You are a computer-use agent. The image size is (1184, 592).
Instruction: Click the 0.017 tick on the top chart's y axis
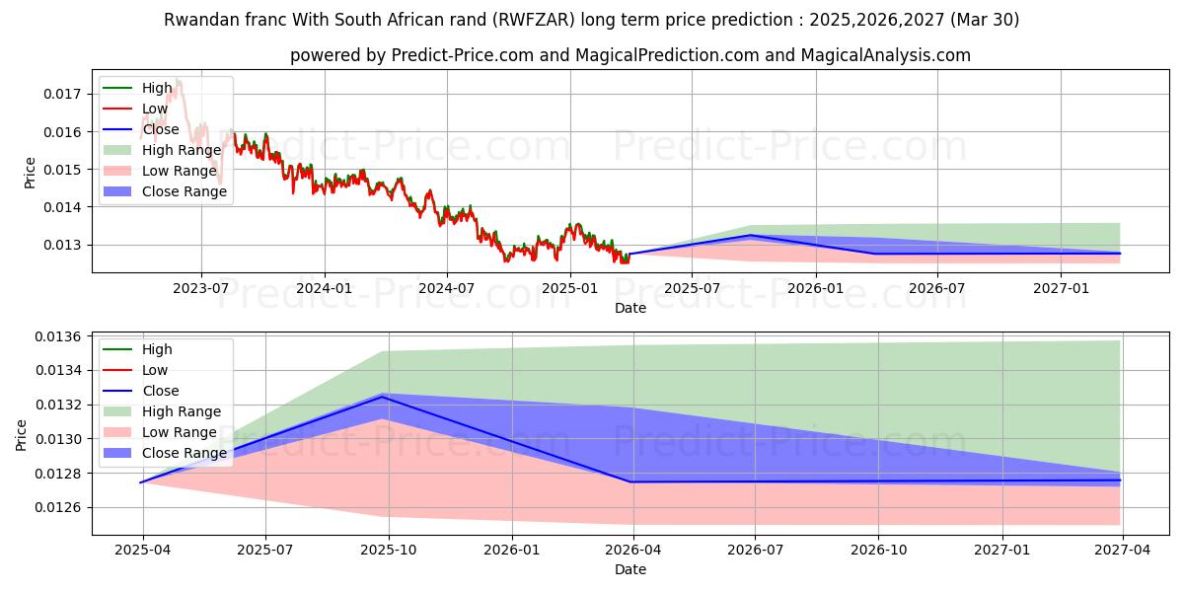[x=61, y=94]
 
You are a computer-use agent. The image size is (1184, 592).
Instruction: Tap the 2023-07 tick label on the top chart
[x=201, y=287]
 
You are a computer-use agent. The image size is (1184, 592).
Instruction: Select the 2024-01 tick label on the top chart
[x=325, y=287]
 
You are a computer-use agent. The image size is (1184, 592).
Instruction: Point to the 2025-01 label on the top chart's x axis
[x=570, y=287]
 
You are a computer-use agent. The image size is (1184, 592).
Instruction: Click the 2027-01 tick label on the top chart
[x=1061, y=287]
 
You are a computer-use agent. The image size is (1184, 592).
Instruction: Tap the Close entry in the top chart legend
[x=161, y=129]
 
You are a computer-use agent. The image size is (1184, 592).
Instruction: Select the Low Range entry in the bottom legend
[x=178, y=432]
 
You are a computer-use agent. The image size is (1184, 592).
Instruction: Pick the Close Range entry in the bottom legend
[x=184, y=453]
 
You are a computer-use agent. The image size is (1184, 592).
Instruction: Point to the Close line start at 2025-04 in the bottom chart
[x=142, y=482]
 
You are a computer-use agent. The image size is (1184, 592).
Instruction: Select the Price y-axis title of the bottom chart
[x=22, y=434]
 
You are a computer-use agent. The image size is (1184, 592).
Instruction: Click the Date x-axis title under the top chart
[x=630, y=308]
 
